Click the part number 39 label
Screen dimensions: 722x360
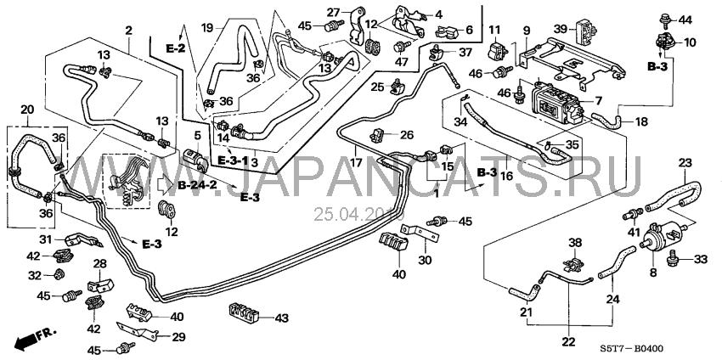click(561, 29)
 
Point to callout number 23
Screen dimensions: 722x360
click(685, 162)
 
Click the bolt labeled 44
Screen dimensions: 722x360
click(663, 19)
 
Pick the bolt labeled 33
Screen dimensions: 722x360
click(672, 259)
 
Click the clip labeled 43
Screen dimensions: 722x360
click(244, 312)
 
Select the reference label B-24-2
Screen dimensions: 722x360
click(198, 186)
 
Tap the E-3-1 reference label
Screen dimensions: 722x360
click(233, 160)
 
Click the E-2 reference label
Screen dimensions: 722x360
click(176, 48)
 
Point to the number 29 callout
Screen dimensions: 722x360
click(178, 337)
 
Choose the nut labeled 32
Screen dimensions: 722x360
click(59, 275)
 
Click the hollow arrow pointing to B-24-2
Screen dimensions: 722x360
click(166, 186)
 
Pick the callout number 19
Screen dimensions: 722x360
click(207, 28)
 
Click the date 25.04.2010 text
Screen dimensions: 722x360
click(358, 214)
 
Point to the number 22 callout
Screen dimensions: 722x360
click(568, 341)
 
